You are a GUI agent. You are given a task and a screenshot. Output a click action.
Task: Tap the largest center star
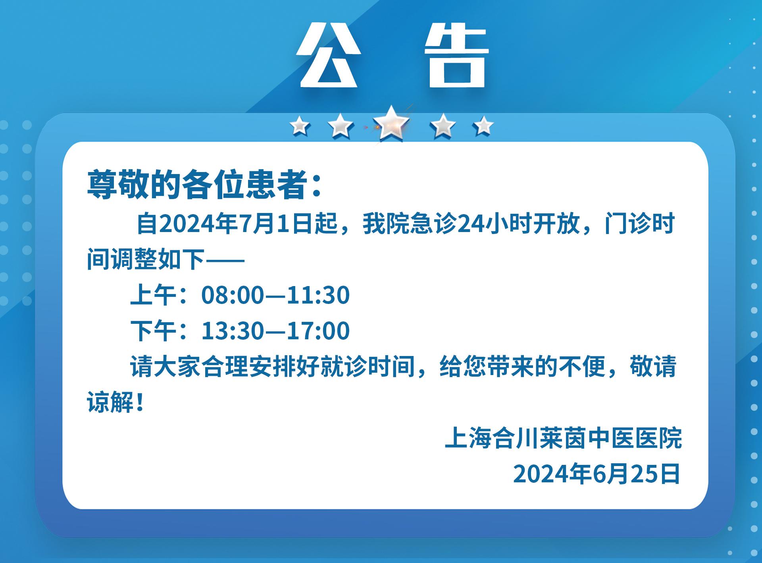coord(391,124)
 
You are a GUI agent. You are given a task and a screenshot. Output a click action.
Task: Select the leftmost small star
coord(300,126)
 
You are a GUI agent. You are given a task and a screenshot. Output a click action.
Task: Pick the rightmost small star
coord(483,126)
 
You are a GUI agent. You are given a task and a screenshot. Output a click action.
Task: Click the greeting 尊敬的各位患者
coord(196,185)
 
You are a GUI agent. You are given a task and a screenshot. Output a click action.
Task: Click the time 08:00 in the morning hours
coord(233,295)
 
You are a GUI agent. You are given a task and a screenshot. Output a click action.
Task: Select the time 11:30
coord(318,295)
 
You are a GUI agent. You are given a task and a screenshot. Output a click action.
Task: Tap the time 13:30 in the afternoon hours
coord(233,331)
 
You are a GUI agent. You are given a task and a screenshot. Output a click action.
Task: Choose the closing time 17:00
coord(318,331)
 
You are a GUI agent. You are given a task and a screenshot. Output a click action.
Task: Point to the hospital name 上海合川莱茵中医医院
coord(563,439)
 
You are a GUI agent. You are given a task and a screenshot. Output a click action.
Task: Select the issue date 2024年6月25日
coord(597,474)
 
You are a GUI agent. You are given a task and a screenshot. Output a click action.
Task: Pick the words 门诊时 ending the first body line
coord(639,224)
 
